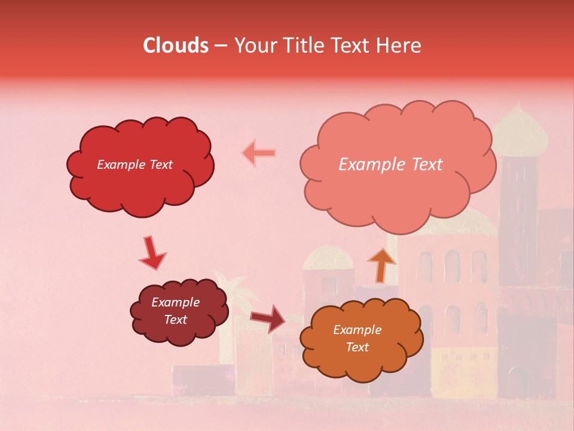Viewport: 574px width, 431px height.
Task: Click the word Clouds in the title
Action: (176, 45)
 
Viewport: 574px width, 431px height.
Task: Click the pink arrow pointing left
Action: (259, 153)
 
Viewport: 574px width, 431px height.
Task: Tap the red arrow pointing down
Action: (152, 253)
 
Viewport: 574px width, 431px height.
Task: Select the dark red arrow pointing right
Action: (268, 318)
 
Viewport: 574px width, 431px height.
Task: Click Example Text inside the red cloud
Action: (135, 165)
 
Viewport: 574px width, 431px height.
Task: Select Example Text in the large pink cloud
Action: (390, 165)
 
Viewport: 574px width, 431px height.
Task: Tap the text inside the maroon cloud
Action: (176, 311)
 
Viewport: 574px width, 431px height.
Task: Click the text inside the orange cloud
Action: (357, 338)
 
